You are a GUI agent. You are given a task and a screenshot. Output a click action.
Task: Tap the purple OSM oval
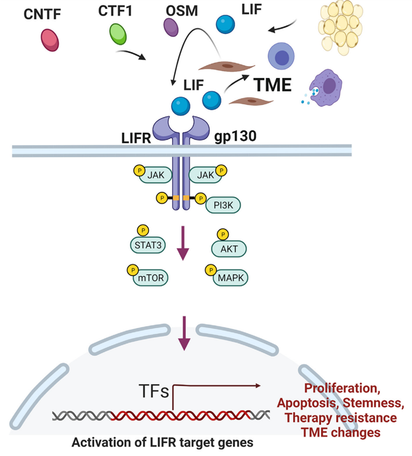pyautogui.click(x=172, y=27)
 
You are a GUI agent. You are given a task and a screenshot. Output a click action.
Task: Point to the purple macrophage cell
pyautogui.click(x=329, y=87)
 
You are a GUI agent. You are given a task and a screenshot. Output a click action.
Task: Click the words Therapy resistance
pyautogui.click(x=341, y=418)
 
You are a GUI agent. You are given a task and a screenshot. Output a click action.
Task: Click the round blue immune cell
pyautogui.click(x=281, y=57)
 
